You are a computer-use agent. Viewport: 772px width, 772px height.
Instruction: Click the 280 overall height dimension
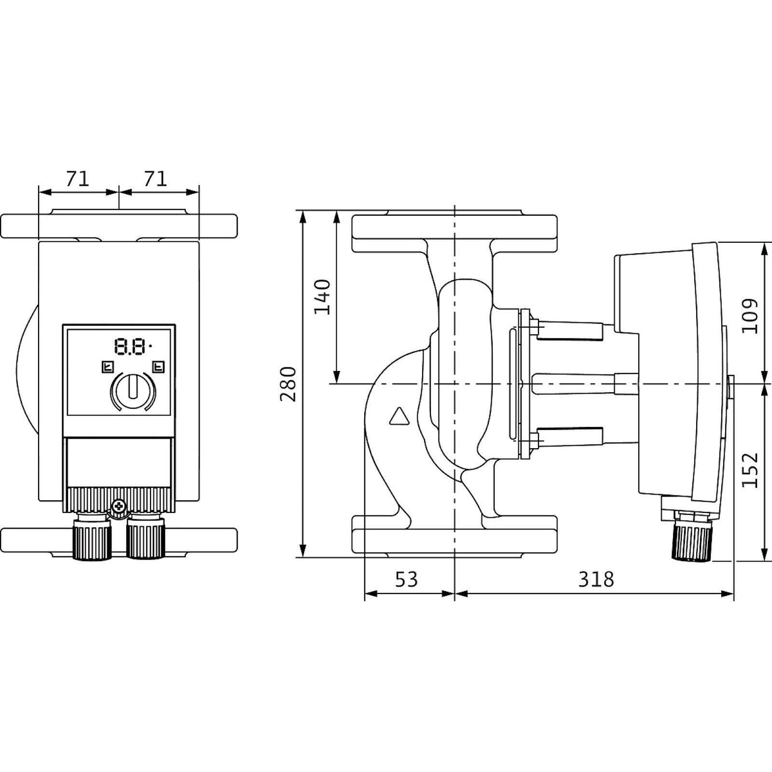[288, 384]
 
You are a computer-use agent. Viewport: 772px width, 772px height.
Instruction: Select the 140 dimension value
[322, 297]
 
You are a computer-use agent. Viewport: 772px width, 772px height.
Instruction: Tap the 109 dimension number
[750, 316]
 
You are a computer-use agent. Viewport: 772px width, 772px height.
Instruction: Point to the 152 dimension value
[750, 470]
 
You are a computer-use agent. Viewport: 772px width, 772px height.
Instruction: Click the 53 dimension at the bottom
[406, 579]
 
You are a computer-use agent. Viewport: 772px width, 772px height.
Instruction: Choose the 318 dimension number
[596, 579]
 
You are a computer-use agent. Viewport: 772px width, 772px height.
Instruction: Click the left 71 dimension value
[78, 179]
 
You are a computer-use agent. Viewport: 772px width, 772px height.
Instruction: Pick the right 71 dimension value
[155, 179]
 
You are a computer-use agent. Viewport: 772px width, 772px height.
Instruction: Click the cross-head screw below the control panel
[117, 507]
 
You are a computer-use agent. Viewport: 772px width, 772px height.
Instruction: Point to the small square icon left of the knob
[107, 367]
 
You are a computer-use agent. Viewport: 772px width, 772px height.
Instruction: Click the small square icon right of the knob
[158, 367]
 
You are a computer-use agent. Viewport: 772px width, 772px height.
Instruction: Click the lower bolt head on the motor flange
[535, 440]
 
